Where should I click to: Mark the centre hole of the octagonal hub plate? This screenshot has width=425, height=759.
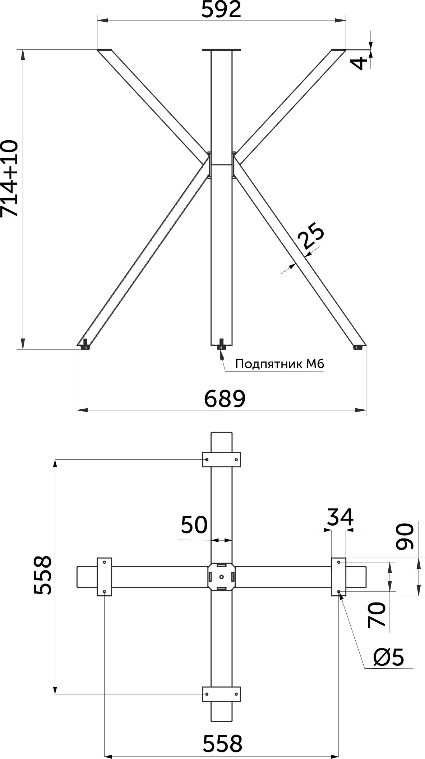pos(221,577)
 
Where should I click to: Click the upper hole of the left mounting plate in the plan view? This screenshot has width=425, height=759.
pos(105,562)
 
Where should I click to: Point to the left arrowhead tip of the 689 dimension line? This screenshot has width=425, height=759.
pos(78,409)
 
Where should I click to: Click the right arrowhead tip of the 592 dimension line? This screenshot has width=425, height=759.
pos(346,21)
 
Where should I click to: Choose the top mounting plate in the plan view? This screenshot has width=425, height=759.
pos(221,459)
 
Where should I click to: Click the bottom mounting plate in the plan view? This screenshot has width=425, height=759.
pos(221,694)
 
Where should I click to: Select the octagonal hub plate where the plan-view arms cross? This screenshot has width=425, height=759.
pos(221,577)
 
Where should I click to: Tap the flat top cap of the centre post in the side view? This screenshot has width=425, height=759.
pos(221,50)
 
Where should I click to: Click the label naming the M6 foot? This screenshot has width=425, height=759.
pos(280,364)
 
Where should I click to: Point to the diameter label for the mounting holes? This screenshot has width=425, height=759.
pos(389,657)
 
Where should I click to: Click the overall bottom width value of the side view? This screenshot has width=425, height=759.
pos(225,399)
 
